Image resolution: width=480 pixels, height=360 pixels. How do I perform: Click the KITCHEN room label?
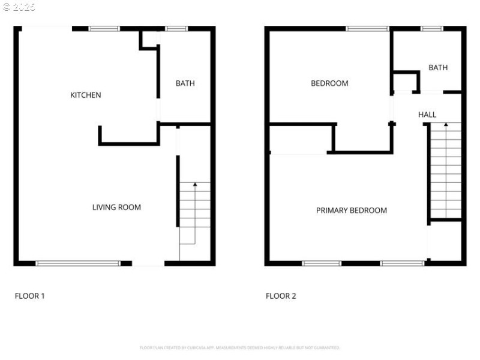point(86,95)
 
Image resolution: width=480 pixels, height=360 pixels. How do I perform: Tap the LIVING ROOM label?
point(116,208)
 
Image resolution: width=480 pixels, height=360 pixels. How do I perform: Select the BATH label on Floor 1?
point(185,83)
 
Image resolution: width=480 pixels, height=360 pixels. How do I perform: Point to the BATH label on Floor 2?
point(438,68)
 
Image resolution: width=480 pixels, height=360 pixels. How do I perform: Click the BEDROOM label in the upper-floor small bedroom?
point(329,83)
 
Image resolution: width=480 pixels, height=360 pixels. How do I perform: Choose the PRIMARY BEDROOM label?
point(352,211)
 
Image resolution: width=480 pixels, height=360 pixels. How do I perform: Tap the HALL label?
point(427,115)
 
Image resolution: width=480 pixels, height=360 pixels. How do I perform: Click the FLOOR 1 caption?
point(29,296)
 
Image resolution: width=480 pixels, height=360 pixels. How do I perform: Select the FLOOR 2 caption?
point(281,296)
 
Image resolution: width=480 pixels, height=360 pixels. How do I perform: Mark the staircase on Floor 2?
point(446,171)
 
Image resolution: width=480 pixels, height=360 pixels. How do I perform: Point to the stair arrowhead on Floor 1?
point(195,185)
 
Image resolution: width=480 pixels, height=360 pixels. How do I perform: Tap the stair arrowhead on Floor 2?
point(446,125)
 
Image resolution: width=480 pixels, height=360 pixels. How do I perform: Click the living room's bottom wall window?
point(78,263)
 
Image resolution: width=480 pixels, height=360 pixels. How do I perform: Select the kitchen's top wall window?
point(104,28)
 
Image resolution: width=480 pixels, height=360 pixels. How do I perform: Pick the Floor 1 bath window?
point(176,28)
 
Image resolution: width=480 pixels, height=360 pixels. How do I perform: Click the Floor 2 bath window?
point(431,28)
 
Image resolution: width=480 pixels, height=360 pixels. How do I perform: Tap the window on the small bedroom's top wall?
point(367,28)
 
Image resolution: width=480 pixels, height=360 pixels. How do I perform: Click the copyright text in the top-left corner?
point(19,7)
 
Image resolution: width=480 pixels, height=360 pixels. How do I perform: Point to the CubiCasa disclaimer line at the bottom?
point(240,347)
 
